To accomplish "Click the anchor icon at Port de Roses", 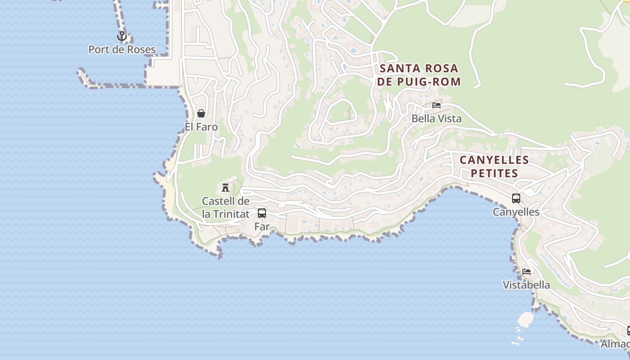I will pos(121,36).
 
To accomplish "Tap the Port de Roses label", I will pos(122,49).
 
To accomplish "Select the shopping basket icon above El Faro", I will pos(201,113).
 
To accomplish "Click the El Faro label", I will pos(201,127).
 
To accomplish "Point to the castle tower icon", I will pos(225,187).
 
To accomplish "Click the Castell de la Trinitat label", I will pos(225,207).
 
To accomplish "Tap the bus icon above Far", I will pos(262,213).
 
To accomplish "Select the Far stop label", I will pos(262,226).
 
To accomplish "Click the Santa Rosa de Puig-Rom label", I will pos(419,75).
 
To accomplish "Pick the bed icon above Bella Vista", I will pos(436,105).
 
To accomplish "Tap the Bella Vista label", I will pos(436,119).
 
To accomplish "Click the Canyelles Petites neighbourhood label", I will pos(494,166).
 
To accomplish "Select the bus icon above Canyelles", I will pos(516,198).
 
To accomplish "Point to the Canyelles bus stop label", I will pos(516,211).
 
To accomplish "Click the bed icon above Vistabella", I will pos(526,271).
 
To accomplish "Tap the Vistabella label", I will pos(526,285).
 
